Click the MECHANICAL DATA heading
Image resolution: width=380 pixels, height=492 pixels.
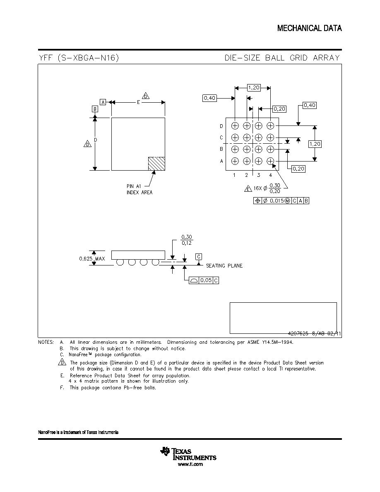(310, 28)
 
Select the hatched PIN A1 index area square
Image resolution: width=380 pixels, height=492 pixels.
(156, 164)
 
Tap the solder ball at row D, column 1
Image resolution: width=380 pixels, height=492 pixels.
(235, 126)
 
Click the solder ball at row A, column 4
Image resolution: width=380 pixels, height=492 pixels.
(270, 161)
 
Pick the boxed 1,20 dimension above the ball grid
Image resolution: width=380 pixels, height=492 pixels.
(254, 87)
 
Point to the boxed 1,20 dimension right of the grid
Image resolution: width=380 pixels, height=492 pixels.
(315, 144)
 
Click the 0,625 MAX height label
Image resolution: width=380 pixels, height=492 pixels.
(92, 259)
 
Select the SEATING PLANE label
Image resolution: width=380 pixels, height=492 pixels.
(224, 266)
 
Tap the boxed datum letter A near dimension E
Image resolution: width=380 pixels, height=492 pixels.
(103, 102)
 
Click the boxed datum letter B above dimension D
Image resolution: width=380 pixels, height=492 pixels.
(95, 109)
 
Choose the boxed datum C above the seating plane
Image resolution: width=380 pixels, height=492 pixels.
(199, 257)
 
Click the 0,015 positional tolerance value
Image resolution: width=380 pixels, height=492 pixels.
(277, 201)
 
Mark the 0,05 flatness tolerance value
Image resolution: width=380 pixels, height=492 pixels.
(206, 280)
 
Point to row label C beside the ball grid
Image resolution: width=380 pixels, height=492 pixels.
(221, 137)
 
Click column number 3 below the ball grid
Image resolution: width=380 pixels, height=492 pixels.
(259, 175)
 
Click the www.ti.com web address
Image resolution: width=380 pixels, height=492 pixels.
(190, 464)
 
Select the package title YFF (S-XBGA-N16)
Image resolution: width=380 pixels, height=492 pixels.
(79, 58)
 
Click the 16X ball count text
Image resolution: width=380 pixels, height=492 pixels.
(257, 188)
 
